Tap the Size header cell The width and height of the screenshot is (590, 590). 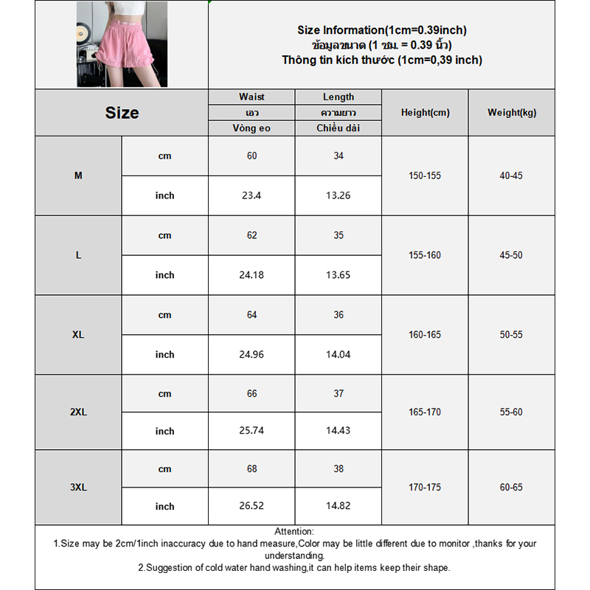coord(122,113)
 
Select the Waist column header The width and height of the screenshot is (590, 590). coord(251,97)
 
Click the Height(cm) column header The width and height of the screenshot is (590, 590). coord(425,113)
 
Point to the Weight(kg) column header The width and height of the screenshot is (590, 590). coord(512,113)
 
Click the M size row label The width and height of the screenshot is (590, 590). coord(78,176)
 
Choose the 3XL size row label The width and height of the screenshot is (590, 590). coord(78,487)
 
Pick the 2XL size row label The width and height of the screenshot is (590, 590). coord(78,412)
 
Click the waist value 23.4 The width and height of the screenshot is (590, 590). coord(251,195)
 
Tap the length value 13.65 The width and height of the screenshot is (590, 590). coord(339,275)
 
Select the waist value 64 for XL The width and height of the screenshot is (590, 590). coord(251,315)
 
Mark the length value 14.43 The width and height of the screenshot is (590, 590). coord(339,431)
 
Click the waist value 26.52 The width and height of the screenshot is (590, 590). coord(251,507)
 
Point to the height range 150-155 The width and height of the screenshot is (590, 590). coord(425,176)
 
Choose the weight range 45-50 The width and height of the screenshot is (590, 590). coord(511,255)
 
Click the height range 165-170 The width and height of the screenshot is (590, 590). coord(425,412)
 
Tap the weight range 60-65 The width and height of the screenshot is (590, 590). coord(511,487)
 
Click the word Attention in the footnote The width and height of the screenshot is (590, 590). coord(294,531)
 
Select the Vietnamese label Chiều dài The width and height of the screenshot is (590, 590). coord(339,128)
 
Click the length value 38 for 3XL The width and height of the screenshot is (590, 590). coord(339,469)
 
